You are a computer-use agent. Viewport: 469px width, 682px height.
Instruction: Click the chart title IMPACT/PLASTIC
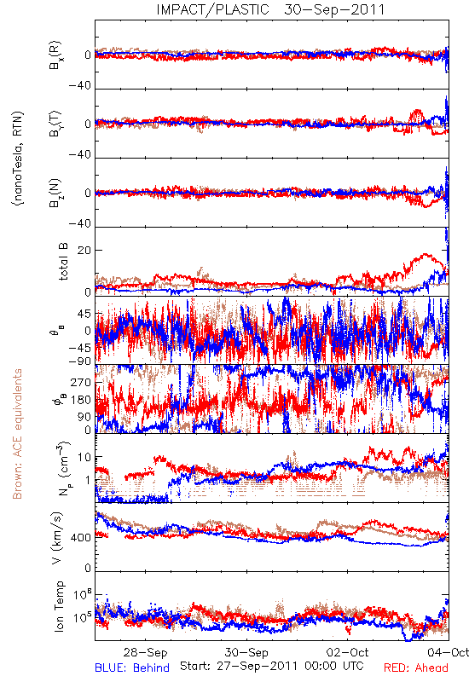pyautogui.click(x=212, y=9)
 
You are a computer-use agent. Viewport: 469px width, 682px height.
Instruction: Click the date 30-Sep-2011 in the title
pyautogui.click(x=334, y=9)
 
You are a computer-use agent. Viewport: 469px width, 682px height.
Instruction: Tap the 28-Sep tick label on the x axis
pyautogui.click(x=145, y=652)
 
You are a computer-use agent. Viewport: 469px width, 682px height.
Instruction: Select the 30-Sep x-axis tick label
pyautogui.click(x=246, y=652)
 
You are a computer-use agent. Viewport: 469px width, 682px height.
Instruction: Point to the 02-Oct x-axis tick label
pyautogui.click(x=348, y=652)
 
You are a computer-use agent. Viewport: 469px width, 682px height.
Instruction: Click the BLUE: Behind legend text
pyautogui.click(x=132, y=668)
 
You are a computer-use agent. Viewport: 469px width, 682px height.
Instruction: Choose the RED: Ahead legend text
pyautogui.click(x=416, y=668)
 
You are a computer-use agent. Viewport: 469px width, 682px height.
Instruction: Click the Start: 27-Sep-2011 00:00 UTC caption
pyautogui.click(x=272, y=666)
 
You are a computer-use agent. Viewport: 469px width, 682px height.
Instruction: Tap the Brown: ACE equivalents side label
pyautogui.click(x=17, y=434)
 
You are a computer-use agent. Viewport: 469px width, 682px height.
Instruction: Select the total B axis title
pyautogui.click(x=63, y=262)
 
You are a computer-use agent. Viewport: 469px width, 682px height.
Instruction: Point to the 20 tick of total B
pyautogui.click(x=84, y=251)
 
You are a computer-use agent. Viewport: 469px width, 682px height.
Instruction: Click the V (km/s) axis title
pyautogui.click(x=57, y=538)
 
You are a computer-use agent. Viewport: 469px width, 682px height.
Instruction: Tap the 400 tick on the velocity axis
pyautogui.click(x=81, y=538)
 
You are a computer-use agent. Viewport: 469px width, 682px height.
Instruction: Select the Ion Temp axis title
pyautogui.click(x=59, y=606)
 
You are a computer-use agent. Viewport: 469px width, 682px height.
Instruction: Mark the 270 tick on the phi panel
pyautogui.click(x=81, y=383)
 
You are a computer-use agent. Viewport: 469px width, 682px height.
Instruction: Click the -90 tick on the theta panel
pyautogui.click(x=80, y=361)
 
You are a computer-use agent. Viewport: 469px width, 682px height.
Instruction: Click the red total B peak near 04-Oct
pyautogui.click(x=425, y=254)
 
